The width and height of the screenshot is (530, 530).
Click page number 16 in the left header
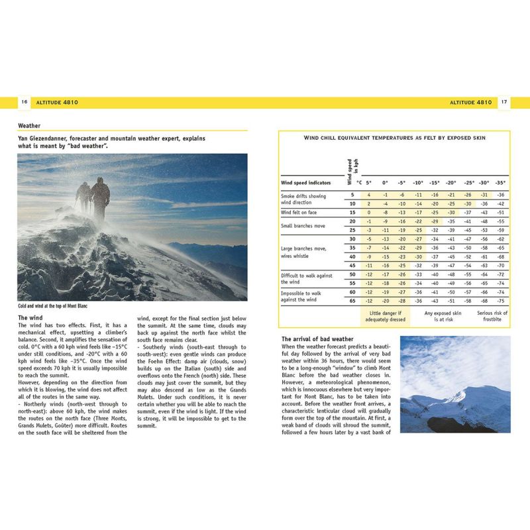[x=24, y=103]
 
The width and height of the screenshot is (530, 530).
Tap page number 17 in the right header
[x=504, y=103]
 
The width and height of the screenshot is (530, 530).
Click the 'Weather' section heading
[x=29, y=125]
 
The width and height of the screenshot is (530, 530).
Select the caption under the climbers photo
[x=52, y=306]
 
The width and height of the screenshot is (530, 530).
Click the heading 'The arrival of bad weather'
[x=317, y=339]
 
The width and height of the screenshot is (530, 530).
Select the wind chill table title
[x=394, y=138]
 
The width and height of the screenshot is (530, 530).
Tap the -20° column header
[x=450, y=182]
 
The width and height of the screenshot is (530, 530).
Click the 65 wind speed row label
[x=352, y=300]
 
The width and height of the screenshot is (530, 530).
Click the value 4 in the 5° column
[x=368, y=195]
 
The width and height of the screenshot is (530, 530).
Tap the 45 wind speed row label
[x=352, y=265]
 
